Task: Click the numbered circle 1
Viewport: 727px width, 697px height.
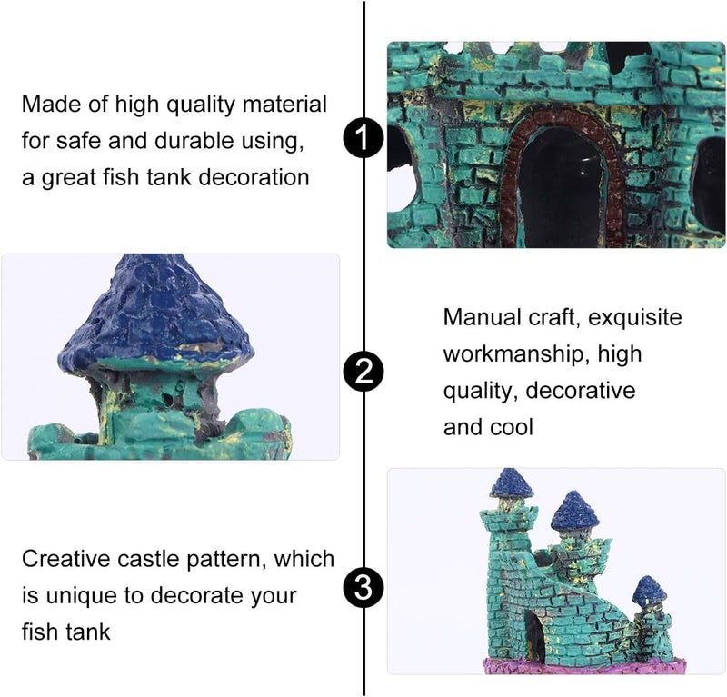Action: (x=363, y=140)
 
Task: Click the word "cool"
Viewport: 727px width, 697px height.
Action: (x=513, y=427)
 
